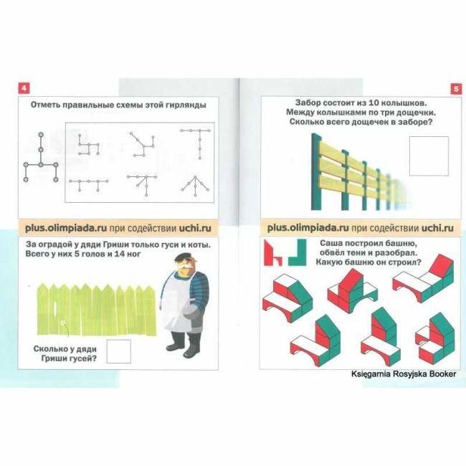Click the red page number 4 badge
tap(24, 88)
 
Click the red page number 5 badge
tap(456, 89)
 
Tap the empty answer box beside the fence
tap(429, 156)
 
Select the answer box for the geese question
tap(118, 351)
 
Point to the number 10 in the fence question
tap(374, 103)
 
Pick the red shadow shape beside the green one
tap(272, 253)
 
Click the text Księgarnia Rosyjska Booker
tap(404, 374)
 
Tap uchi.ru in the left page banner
tap(195, 228)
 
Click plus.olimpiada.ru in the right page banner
tap(308, 228)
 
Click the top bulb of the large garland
tap(41, 135)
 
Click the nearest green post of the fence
tap(315, 172)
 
